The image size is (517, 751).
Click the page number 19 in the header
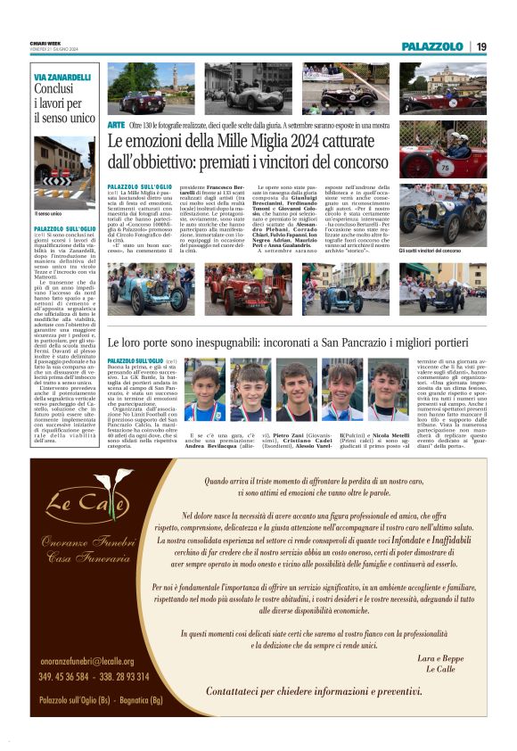(x=480, y=46)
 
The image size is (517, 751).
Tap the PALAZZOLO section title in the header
(x=431, y=46)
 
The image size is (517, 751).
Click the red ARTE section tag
(x=116, y=125)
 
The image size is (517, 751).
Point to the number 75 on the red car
(x=445, y=167)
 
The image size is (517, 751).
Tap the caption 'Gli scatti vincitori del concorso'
(x=430, y=252)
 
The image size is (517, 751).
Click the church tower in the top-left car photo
(x=176, y=75)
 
